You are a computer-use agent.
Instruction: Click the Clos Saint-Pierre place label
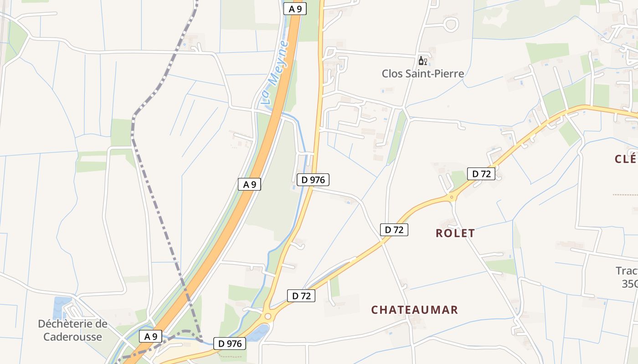(x=422, y=73)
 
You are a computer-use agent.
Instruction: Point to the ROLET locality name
(x=455, y=233)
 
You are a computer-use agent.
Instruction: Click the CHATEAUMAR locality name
(x=414, y=310)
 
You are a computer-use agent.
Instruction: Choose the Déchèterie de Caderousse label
(x=72, y=330)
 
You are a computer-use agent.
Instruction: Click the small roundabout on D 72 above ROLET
(x=452, y=197)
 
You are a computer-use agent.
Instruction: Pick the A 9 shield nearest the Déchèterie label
(x=150, y=337)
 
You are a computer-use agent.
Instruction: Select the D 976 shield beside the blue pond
(x=230, y=344)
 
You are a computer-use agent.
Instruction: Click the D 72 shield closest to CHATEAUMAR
(x=301, y=296)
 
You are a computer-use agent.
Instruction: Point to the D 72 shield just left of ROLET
(x=394, y=230)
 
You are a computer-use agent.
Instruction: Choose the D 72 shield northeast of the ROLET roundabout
(x=481, y=173)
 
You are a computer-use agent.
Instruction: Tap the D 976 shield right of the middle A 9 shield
(x=313, y=180)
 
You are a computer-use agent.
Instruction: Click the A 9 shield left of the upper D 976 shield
(x=249, y=184)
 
